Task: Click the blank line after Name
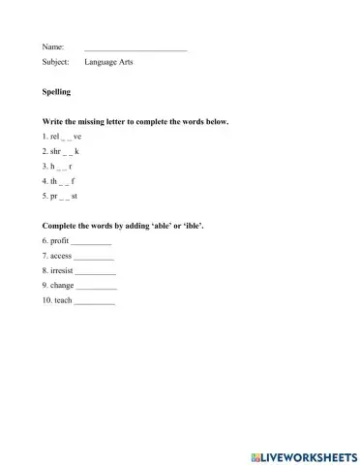(135, 47)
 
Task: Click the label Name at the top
(53, 46)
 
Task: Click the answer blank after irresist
(96, 271)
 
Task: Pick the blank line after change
(96, 286)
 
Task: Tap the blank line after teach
(94, 301)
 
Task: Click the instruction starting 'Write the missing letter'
(135, 122)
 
